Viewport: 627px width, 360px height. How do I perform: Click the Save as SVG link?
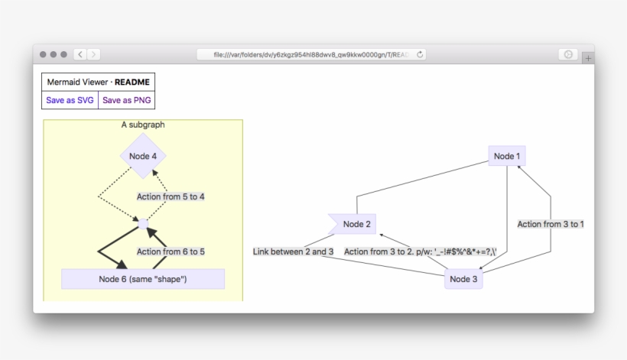pos(70,100)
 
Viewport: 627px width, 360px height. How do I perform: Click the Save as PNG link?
pos(126,100)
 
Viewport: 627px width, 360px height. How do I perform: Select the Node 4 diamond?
pos(143,156)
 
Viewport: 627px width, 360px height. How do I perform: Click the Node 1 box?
pos(507,156)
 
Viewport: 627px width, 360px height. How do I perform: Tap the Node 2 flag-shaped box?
pos(354,224)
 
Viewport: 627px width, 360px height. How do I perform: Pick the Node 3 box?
pos(463,279)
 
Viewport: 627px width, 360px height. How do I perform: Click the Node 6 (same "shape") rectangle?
pos(143,279)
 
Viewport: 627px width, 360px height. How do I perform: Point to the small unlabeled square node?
pos(143,224)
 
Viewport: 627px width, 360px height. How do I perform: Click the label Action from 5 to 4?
pos(171,196)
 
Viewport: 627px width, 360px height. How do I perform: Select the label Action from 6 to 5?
pos(171,251)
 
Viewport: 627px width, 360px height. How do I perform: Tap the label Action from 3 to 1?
pos(551,224)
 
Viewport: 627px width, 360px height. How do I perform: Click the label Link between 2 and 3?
pos(293,251)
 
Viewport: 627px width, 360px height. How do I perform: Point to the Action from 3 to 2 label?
pos(421,251)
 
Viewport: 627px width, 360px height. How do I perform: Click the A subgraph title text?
pos(143,125)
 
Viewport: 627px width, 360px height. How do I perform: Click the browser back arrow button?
pos(80,54)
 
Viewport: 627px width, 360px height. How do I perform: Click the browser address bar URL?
pos(306,54)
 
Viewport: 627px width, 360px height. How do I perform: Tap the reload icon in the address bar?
pos(420,54)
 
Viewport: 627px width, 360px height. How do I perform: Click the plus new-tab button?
pos(587,58)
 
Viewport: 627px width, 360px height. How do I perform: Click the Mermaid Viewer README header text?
pos(98,82)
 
